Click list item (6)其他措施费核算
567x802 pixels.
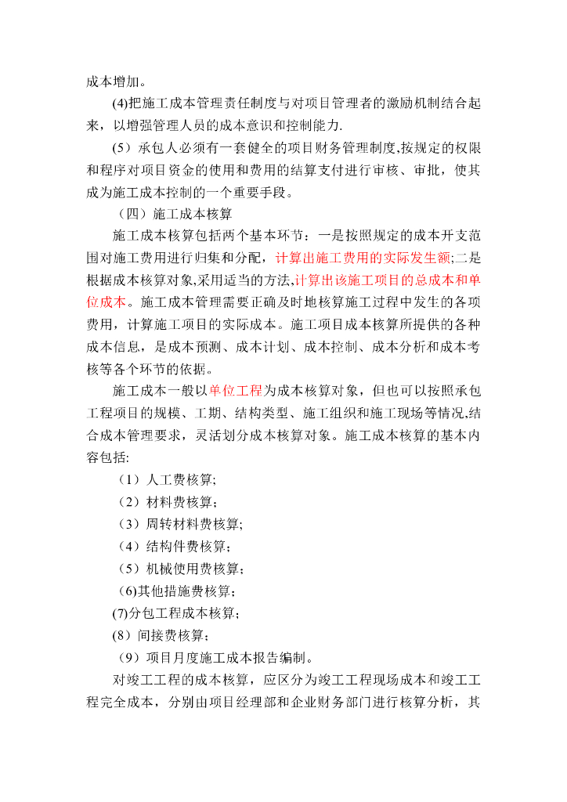click(x=175, y=590)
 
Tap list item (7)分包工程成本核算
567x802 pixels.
click(x=176, y=612)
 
